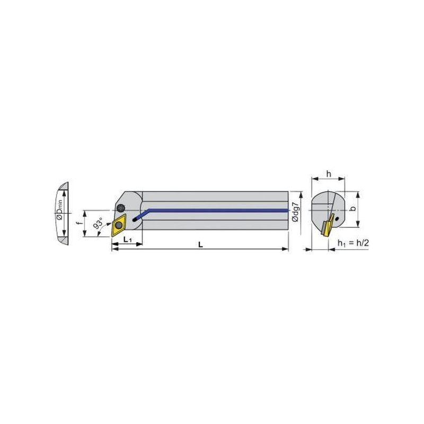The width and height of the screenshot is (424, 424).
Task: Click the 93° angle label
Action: coord(99,222)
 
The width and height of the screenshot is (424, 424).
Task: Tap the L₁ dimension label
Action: coord(127,240)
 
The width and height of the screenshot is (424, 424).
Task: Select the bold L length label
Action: coord(200,245)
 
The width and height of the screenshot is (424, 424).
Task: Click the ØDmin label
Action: coord(59,209)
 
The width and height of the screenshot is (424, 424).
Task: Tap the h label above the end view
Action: coord(329,174)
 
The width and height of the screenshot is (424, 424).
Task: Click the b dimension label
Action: coord(352,208)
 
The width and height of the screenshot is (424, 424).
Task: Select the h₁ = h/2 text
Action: coord(353,243)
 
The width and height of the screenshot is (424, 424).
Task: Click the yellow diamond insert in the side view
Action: coord(118,225)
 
